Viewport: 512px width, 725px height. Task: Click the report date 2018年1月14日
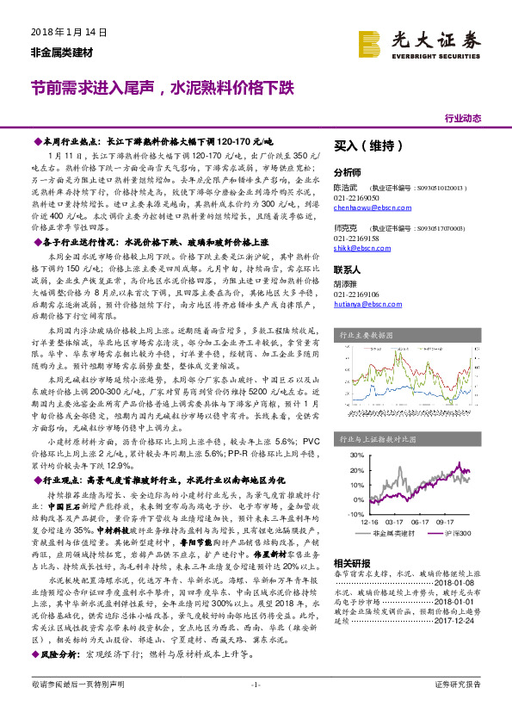[x=63, y=32]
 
